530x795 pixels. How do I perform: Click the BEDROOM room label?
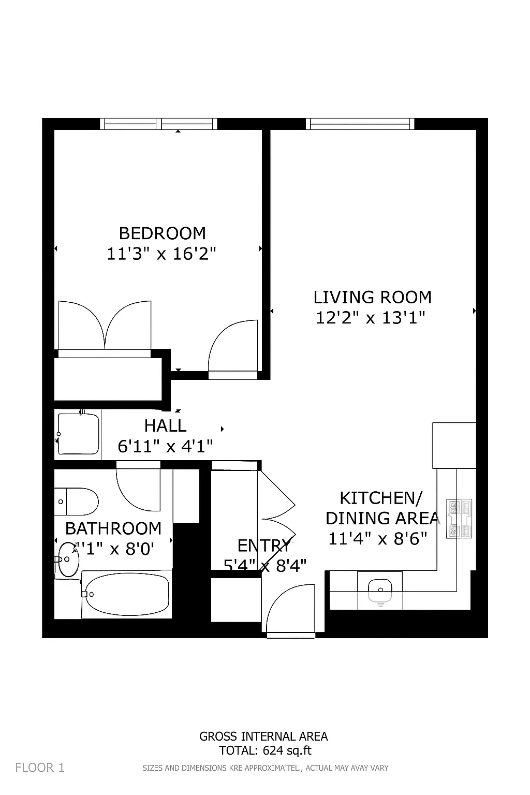point(162,233)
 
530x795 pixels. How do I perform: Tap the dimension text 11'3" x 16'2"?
point(161,254)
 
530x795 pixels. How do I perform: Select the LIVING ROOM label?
point(372,297)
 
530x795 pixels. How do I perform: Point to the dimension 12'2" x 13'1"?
point(370,318)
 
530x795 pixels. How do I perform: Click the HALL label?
point(165,425)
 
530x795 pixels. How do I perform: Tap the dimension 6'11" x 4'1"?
point(165,446)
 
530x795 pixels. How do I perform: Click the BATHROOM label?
point(113,528)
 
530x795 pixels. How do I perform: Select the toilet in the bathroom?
point(77,502)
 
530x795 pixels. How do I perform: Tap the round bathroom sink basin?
point(68,559)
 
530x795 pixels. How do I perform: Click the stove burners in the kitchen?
point(459,519)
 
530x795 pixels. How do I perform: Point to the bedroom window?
point(158,124)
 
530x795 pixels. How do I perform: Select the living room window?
point(360,124)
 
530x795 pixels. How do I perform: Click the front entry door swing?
point(290,609)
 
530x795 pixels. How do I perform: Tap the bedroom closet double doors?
point(105,326)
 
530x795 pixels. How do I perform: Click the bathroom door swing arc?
point(137,489)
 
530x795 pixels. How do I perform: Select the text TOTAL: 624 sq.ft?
point(266,750)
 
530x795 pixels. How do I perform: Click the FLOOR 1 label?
point(40,768)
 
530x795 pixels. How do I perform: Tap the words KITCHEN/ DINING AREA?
point(381,508)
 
